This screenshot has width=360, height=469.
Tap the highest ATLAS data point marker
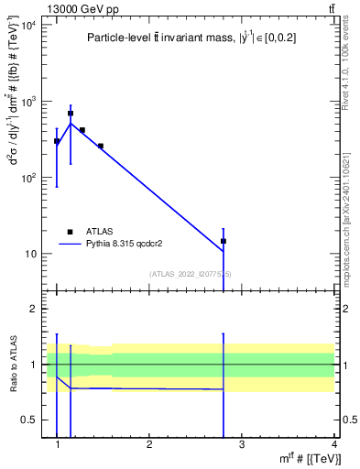(71, 114)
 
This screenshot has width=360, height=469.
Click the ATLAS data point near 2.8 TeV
(224, 241)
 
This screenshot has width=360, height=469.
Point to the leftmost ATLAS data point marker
(57, 141)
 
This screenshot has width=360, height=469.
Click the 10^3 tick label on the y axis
(28, 102)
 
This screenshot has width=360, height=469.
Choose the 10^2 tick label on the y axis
(28, 178)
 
